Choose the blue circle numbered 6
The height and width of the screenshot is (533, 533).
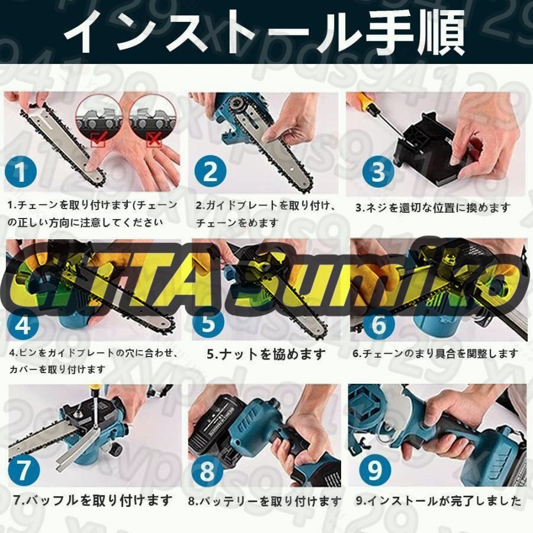[379, 324]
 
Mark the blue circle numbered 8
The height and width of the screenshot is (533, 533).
[208, 472]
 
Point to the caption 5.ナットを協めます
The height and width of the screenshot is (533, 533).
[266, 354]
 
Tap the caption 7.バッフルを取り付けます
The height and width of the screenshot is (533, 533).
[92, 500]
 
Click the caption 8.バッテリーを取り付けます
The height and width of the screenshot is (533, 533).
[265, 502]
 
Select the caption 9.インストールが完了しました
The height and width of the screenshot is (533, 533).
[438, 501]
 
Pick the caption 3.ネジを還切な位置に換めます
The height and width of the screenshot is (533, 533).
[432, 207]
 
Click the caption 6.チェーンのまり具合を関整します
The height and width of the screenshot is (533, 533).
[435, 354]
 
